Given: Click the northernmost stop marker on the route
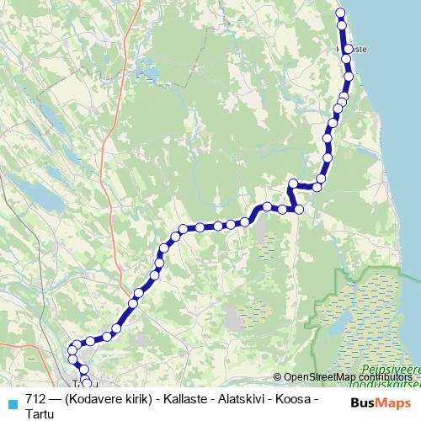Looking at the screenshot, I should point(341,13).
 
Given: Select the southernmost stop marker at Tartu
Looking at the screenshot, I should point(87,385).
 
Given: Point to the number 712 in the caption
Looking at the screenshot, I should point(36,398).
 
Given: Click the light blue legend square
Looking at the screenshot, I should point(12,403).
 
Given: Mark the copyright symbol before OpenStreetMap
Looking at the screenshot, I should point(278,376).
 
